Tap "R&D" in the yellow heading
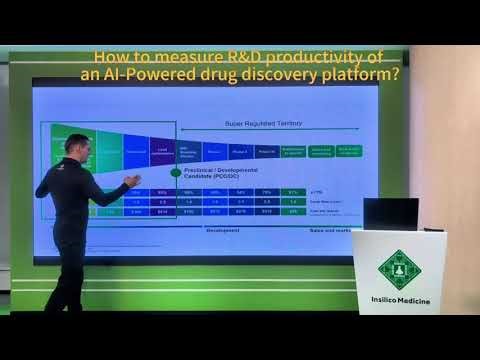pyautogui.click(x=237, y=57)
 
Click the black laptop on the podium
pyautogui.click(x=390, y=214)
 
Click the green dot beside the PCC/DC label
pyautogui.click(x=175, y=172)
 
